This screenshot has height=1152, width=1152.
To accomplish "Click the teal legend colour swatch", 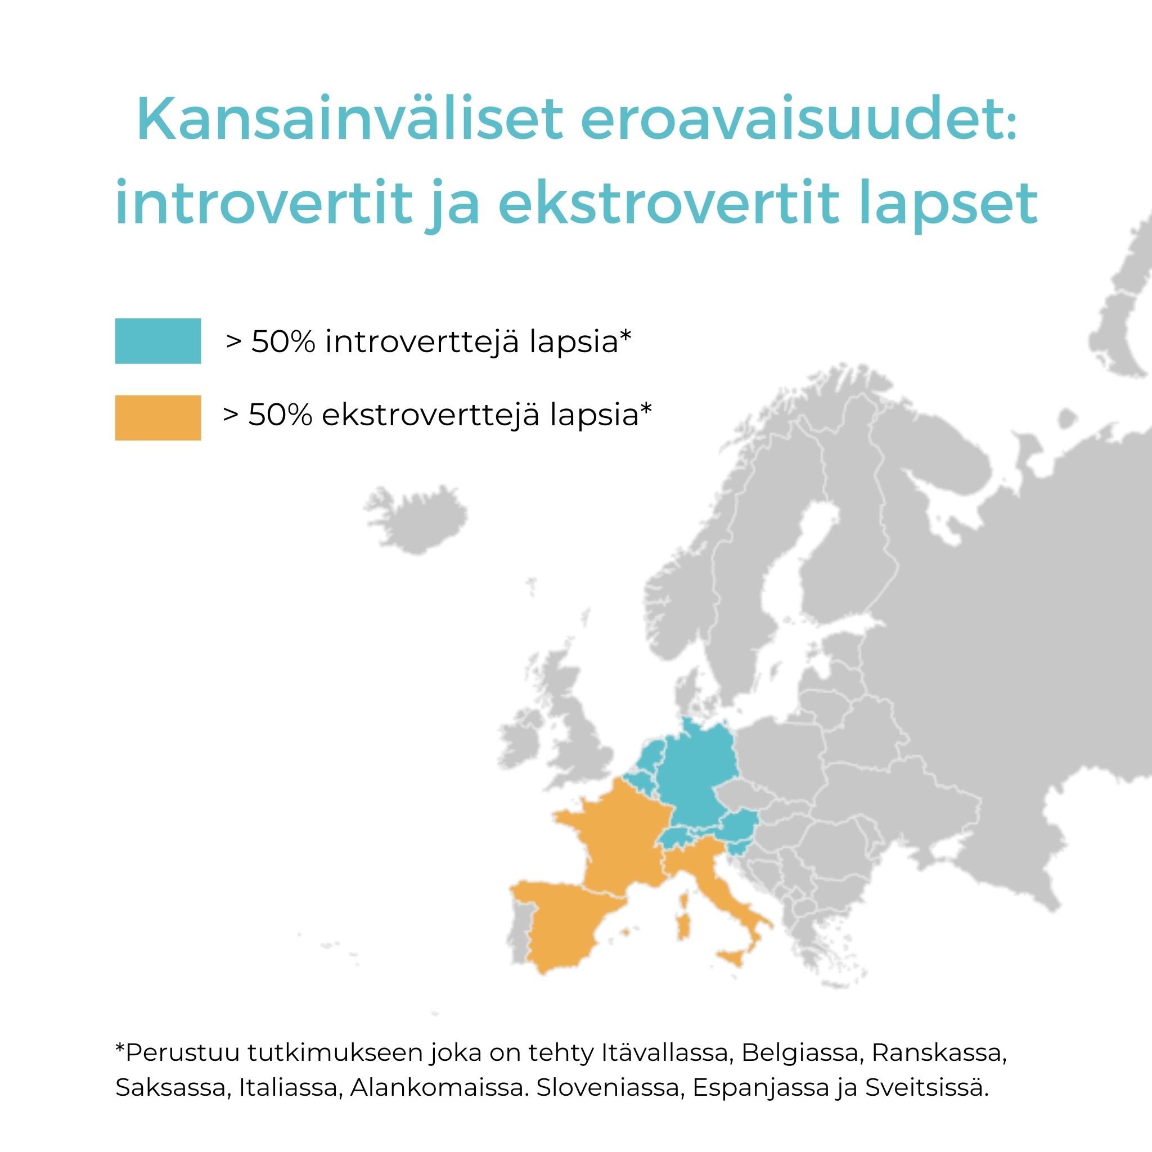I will (x=157, y=341).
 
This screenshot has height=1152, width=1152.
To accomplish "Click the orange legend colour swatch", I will (x=157, y=417).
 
